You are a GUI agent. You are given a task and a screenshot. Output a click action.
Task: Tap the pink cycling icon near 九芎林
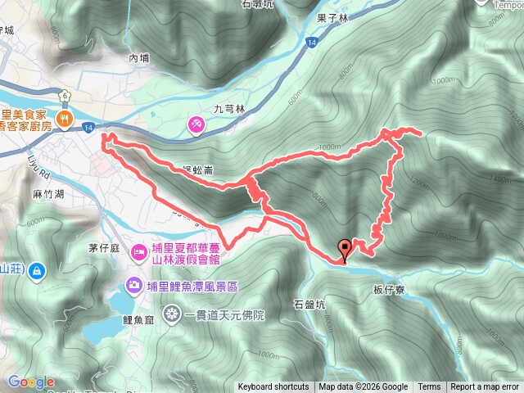196,124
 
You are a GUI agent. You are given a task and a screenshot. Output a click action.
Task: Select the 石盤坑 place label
309,305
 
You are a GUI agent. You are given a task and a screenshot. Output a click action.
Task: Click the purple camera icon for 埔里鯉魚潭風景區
132,285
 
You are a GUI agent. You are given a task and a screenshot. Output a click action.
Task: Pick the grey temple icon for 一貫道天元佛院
171,312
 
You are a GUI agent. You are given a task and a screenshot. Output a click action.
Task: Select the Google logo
31,382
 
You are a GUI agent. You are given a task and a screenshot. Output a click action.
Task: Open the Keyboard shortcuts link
273,387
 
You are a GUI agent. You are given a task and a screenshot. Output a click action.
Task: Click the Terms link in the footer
429,387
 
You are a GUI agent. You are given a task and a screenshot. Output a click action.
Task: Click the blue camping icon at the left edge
38,271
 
